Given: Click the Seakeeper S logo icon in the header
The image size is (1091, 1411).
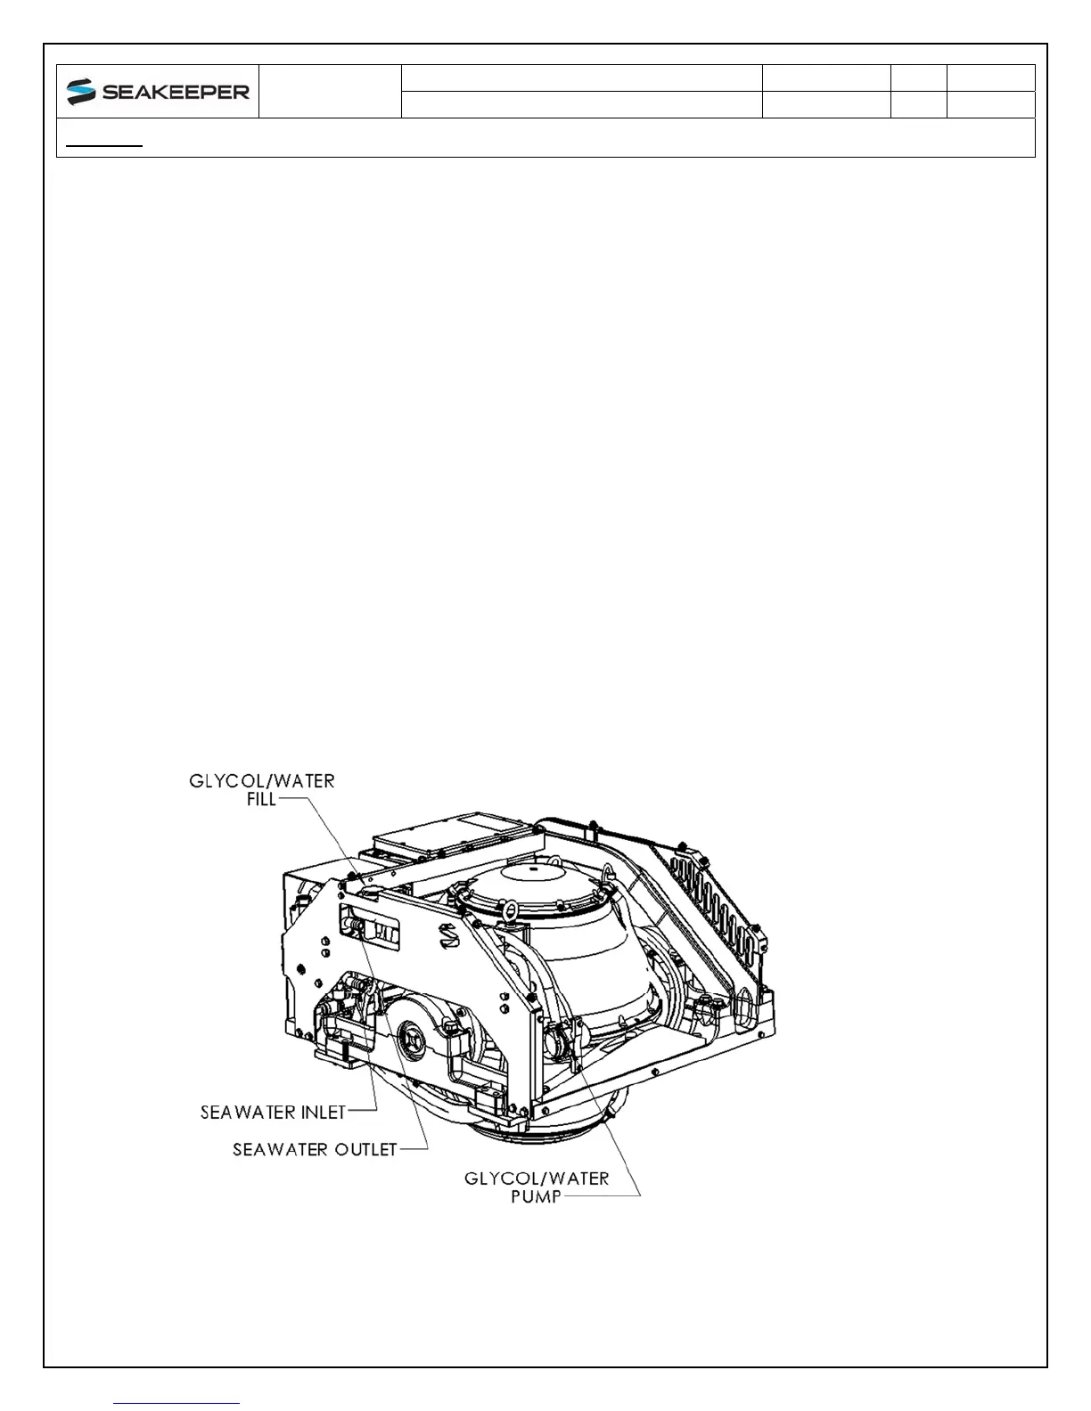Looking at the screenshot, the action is [x=81, y=92].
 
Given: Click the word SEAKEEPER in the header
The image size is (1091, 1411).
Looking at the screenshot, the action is [x=176, y=93].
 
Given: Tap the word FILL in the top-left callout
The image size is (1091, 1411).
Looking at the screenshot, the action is [x=261, y=799].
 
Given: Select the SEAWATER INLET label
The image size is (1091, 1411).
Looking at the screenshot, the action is [x=273, y=1112].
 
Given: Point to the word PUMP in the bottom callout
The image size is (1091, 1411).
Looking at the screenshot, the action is [x=536, y=1196].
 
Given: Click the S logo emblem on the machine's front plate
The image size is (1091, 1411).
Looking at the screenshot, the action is [x=447, y=935].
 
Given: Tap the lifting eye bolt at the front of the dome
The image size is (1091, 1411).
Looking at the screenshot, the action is [x=511, y=910].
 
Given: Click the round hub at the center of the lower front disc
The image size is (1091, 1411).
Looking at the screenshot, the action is [x=415, y=1038].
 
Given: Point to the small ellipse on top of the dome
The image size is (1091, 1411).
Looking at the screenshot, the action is [x=532, y=866].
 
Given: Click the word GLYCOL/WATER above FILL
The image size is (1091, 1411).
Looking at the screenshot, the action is [x=262, y=781].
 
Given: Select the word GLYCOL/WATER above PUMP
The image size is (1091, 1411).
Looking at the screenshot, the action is [x=537, y=1178].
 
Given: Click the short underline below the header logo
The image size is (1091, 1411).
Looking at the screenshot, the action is [x=105, y=143].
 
